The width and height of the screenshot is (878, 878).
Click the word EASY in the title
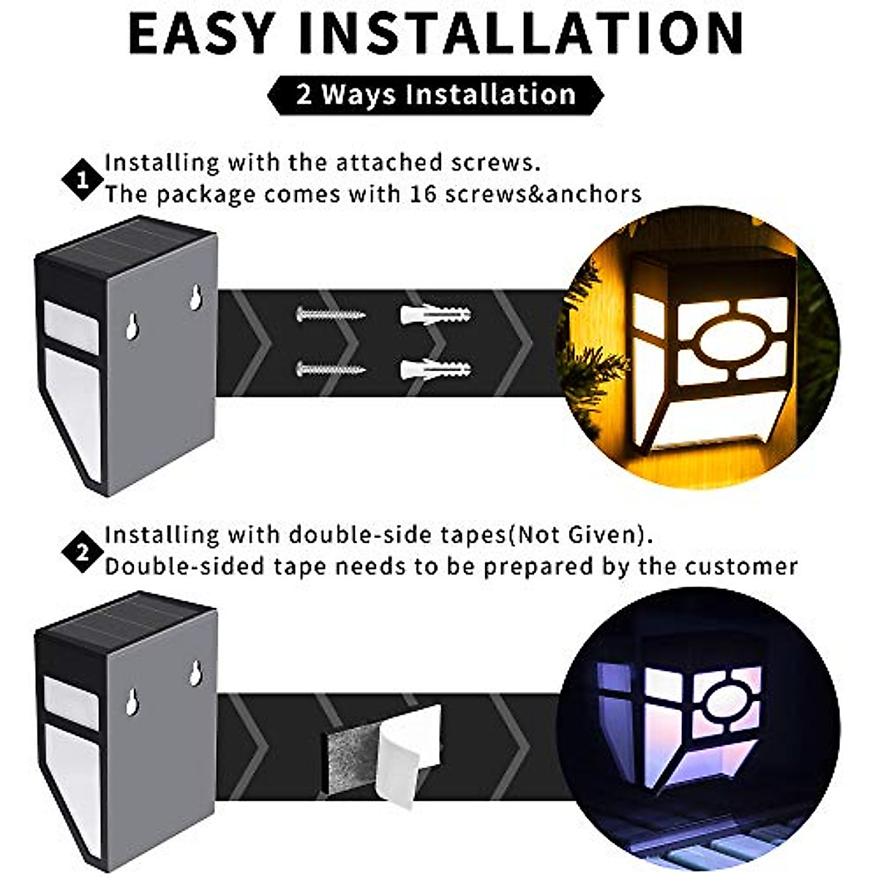(201, 33)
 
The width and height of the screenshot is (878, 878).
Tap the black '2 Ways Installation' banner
(436, 95)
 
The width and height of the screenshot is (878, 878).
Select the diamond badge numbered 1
(83, 180)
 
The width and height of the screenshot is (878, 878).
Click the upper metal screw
(330, 315)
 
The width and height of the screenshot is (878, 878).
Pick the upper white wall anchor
(435, 315)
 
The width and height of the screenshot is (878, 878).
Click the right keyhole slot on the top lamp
(196, 298)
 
